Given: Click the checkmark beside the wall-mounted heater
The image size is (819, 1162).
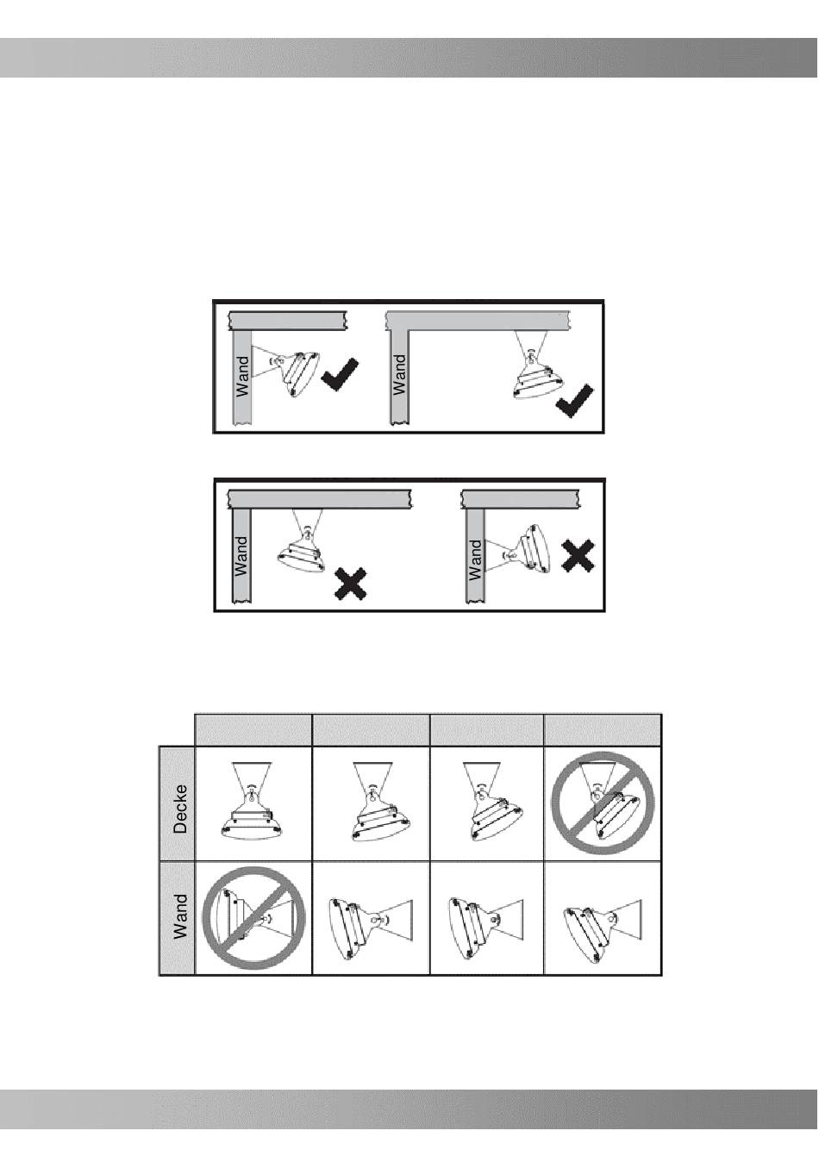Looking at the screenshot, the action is (340, 374).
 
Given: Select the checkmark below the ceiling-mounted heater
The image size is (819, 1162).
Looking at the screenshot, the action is (574, 401).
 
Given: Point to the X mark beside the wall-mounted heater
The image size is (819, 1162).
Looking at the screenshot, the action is (578, 556).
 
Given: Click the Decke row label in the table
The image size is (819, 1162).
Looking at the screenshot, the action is (180, 809).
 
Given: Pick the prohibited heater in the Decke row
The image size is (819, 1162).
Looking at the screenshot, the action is (603, 803).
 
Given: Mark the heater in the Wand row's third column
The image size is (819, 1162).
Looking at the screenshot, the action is (485, 921).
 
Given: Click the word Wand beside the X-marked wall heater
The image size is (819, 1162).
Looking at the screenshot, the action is (475, 559).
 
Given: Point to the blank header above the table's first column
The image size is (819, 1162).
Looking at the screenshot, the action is (253, 730).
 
